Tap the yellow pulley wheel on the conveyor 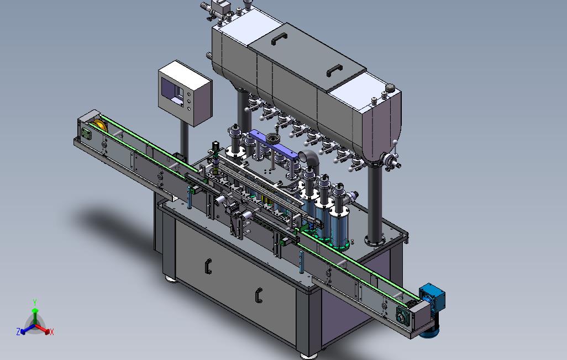click(100, 126)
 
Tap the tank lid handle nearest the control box click(279, 38)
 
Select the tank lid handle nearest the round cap click(334, 70)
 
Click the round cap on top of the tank click(390, 87)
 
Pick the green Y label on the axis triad click(35, 302)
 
